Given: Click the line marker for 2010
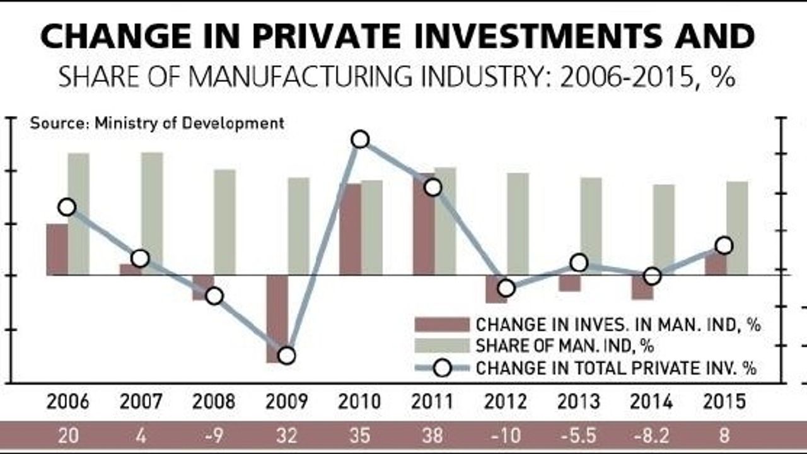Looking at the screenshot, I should [360, 139].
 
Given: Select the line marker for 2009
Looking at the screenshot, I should [286, 356].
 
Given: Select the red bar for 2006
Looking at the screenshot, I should [57, 250].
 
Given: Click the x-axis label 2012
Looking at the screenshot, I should [506, 402].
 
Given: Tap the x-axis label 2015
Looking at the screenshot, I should [724, 402].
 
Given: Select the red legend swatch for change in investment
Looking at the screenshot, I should [441, 325].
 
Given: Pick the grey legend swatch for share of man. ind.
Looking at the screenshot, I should [441, 346].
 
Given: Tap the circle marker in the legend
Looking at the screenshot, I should [443, 368].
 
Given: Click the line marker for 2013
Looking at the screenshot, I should [579, 263].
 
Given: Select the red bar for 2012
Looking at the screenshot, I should [496, 289].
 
